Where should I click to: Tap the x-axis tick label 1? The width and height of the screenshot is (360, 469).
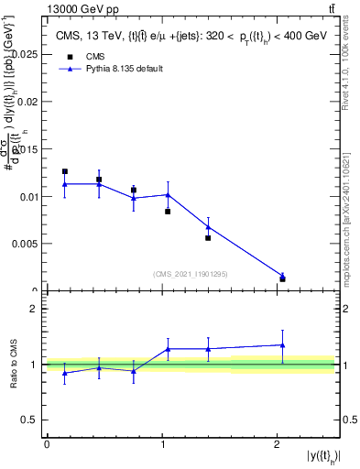(x=162, y=444)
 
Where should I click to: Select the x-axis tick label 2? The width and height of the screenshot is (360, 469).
(x=278, y=444)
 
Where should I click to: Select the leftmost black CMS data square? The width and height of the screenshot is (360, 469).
(x=65, y=171)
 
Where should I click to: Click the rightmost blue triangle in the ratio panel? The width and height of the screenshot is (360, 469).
(x=282, y=344)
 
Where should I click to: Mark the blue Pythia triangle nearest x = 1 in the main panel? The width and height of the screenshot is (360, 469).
(x=168, y=194)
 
